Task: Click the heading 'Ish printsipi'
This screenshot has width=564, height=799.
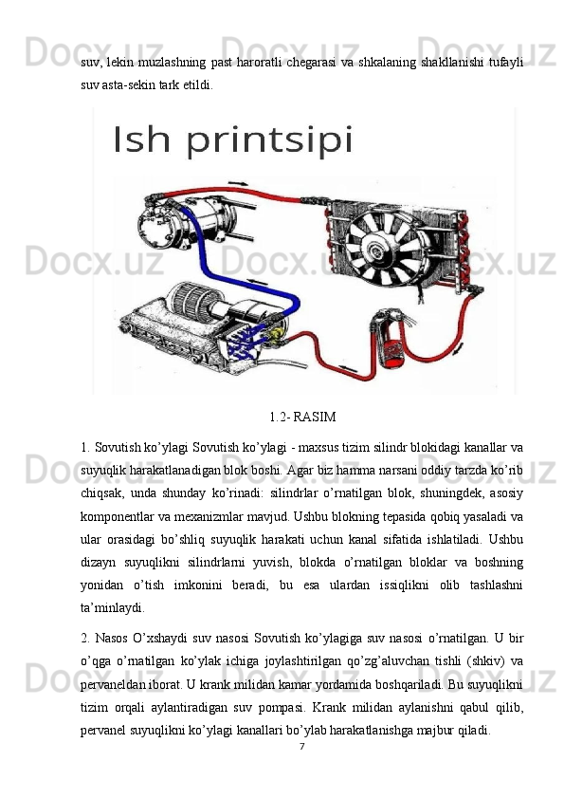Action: click(x=232, y=141)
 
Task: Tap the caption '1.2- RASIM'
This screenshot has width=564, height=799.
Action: click(x=302, y=417)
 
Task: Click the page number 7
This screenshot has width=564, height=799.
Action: click(x=301, y=747)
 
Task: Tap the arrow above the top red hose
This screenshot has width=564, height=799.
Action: click(x=238, y=183)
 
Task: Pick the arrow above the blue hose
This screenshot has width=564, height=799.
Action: click(x=257, y=281)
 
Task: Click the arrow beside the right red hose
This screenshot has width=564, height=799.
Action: click(x=460, y=349)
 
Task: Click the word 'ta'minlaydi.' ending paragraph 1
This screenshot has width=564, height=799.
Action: click(x=112, y=608)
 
